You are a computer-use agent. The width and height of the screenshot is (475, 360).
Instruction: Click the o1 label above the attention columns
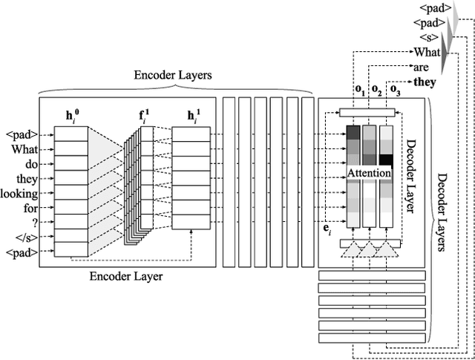click(x=360, y=91)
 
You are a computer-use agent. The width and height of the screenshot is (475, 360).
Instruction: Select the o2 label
click(x=377, y=91)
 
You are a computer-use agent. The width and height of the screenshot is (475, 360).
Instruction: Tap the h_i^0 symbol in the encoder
click(x=73, y=115)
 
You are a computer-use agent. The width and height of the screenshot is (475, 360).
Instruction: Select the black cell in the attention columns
click(x=385, y=159)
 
